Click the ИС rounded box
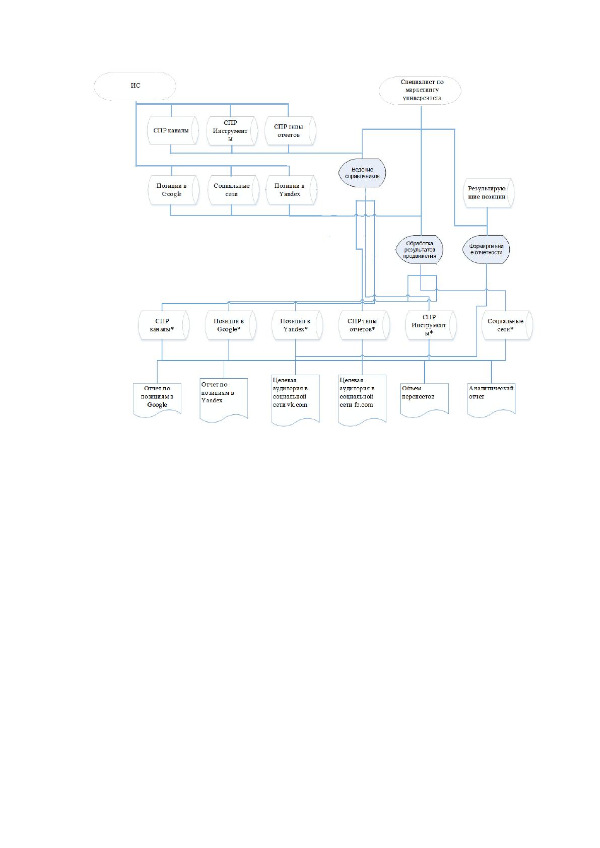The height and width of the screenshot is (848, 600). click(135, 86)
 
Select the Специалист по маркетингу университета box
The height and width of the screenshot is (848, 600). click(420, 90)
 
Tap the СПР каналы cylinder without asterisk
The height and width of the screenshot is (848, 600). click(173, 130)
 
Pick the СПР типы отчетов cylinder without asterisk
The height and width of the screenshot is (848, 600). click(290, 131)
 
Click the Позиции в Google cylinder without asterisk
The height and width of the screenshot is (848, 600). click(173, 190)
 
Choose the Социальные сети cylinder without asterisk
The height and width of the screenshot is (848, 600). click(233, 190)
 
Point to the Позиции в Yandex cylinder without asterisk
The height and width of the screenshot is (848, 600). click(291, 190)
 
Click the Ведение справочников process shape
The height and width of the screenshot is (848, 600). click(362, 173)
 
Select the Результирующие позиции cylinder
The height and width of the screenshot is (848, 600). click(489, 193)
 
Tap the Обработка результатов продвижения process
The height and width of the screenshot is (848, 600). click(419, 249)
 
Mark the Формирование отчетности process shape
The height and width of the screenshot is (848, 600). click(486, 249)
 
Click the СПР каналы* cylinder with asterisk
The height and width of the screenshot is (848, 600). click(164, 325)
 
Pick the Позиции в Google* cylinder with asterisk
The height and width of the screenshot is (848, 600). click(231, 325)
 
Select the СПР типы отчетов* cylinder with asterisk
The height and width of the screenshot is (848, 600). click(364, 325)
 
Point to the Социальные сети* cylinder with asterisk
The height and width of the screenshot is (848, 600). click(507, 325)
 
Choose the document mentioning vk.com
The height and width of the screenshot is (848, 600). click(295, 399)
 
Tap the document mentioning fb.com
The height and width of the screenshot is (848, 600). click(362, 399)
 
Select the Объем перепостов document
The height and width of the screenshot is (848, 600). click(425, 399)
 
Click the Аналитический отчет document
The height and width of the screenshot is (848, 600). click(491, 399)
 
